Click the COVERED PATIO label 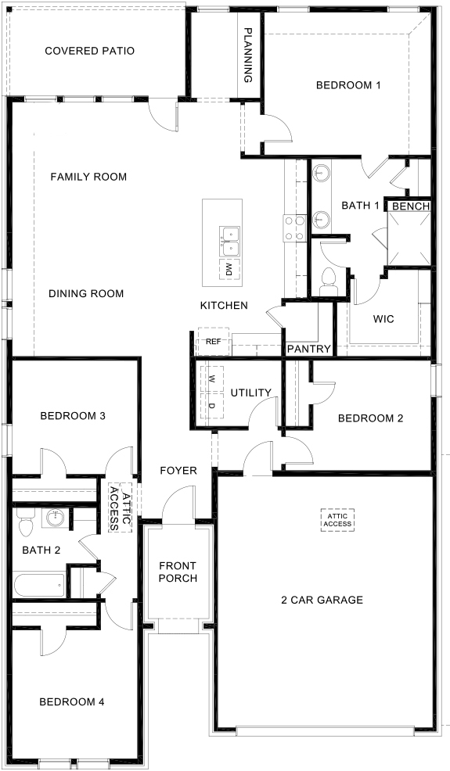point(89,51)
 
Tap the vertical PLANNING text point(248,56)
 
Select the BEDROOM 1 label point(348,85)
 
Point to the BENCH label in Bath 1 point(411,206)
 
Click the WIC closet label point(383,320)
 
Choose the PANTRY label point(308,349)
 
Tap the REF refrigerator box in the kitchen point(213,342)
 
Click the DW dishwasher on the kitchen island point(229,271)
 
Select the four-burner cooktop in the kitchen point(293,228)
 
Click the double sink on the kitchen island point(229,241)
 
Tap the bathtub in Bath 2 point(39,584)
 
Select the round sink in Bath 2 point(54,518)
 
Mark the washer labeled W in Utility point(211,378)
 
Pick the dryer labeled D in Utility point(211,404)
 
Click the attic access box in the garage point(338,519)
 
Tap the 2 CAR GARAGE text point(322,600)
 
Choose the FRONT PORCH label point(177,572)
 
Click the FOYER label point(178,470)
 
